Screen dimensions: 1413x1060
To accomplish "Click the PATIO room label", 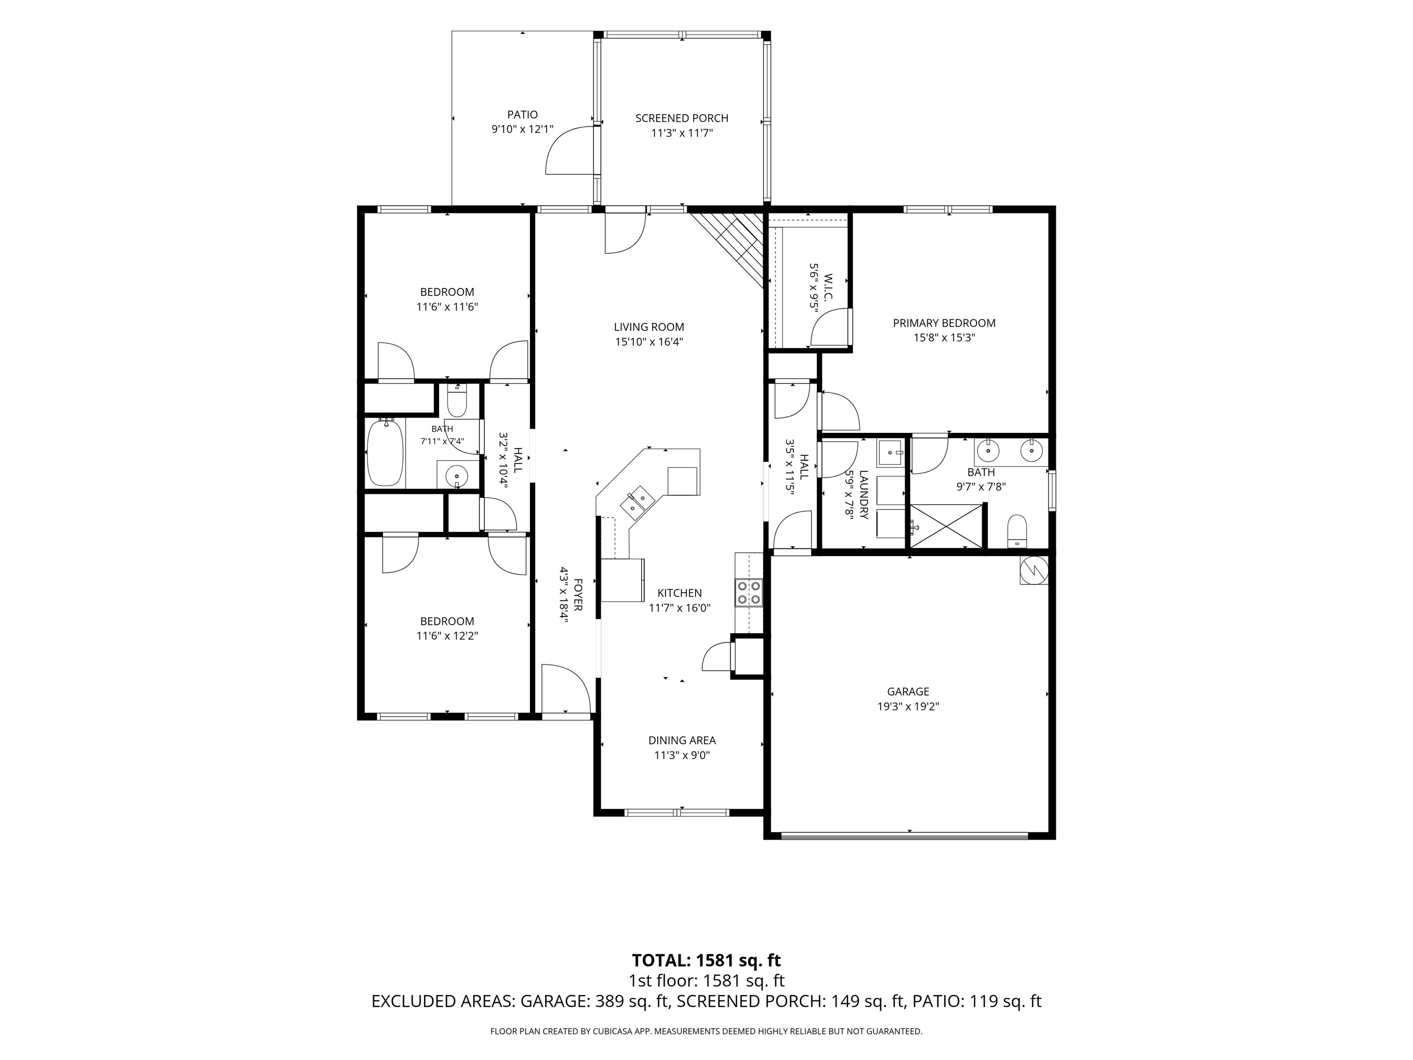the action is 522,115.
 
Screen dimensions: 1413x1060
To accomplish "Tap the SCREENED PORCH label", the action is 682,118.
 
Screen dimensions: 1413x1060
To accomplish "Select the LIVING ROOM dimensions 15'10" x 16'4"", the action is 649,342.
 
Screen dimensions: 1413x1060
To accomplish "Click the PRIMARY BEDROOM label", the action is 944,323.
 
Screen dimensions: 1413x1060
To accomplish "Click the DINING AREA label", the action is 682,741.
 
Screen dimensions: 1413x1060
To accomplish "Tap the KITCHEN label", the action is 680,593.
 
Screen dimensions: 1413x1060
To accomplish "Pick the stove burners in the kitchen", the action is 749,592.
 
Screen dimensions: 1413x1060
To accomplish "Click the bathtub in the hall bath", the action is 386,453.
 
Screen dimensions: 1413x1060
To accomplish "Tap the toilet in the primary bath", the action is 1017,531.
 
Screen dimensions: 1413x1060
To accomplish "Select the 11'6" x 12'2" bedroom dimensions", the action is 447,636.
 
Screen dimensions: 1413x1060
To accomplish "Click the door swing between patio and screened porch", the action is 570,150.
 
